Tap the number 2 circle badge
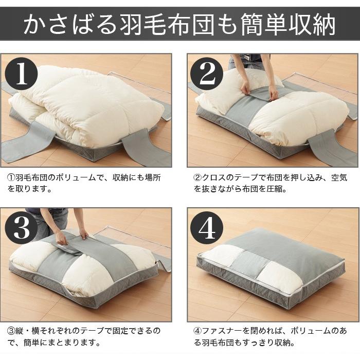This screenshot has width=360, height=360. pos(207,75)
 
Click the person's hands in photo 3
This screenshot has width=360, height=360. pos(72,237)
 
